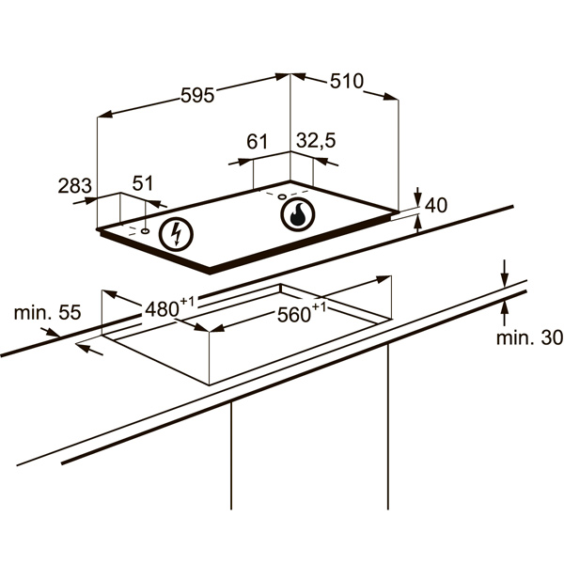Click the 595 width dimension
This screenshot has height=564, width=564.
coord(197,95)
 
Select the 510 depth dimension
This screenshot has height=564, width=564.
coord(347,81)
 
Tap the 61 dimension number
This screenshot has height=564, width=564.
coord(258,141)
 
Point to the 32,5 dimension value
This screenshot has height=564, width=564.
coord(316,141)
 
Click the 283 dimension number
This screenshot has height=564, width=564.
coord(75,186)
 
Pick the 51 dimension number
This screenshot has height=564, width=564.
coord(143,183)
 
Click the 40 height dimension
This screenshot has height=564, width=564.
coord(436,205)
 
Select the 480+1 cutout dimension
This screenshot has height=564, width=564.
coord(169,307)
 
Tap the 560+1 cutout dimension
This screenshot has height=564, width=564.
coord(302,313)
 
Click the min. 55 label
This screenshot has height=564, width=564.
coord(48,312)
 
